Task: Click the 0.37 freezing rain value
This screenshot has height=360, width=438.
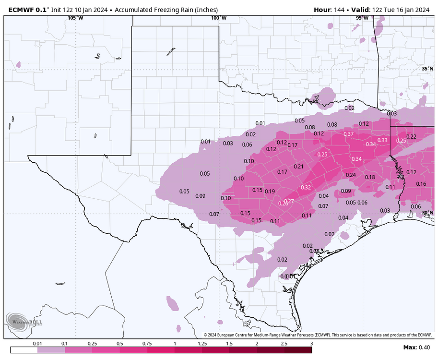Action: tap(348, 133)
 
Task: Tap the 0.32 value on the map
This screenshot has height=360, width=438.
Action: tap(306, 187)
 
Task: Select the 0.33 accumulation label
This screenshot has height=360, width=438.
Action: tap(382, 140)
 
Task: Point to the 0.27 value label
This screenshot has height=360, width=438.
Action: tap(289, 201)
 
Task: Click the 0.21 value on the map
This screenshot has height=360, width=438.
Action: tap(299, 167)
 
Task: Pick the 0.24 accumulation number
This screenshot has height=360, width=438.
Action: tap(351, 175)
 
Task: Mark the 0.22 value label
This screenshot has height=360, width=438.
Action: tap(411, 137)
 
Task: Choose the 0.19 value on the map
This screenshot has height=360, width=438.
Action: tap(270, 192)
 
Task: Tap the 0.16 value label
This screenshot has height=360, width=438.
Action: tap(421, 184)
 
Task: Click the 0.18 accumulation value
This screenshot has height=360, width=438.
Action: tap(370, 177)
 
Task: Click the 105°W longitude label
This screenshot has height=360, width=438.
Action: tap(75, 18)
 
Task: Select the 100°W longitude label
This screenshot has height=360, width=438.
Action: tap(218, 18)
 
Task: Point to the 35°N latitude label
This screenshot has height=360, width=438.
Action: tap(427, 69)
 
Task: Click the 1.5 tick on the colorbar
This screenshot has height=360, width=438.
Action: tap(229, 344)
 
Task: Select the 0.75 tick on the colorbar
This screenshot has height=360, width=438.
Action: tap(147, 344)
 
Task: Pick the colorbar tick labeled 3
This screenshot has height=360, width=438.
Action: tap(311, 344)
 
